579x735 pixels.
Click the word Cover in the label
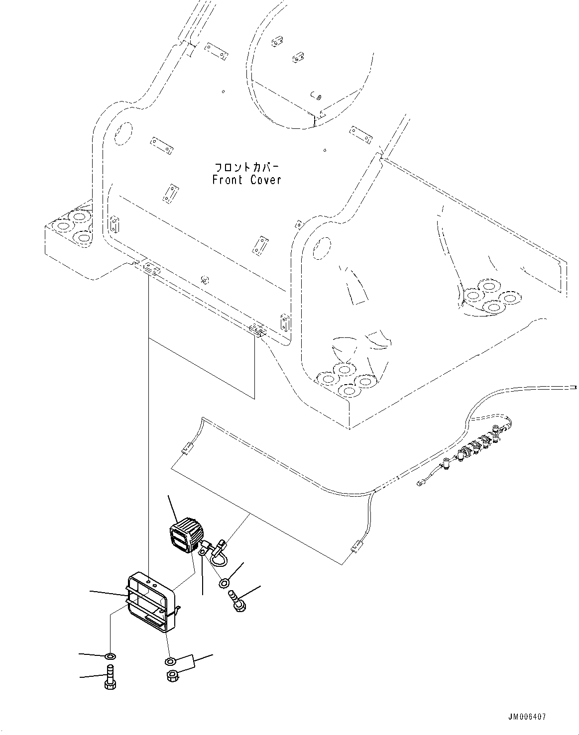coord(265,180)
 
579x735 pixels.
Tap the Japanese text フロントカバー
coord(246,167)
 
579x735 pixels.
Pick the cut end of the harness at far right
coord(575,387)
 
